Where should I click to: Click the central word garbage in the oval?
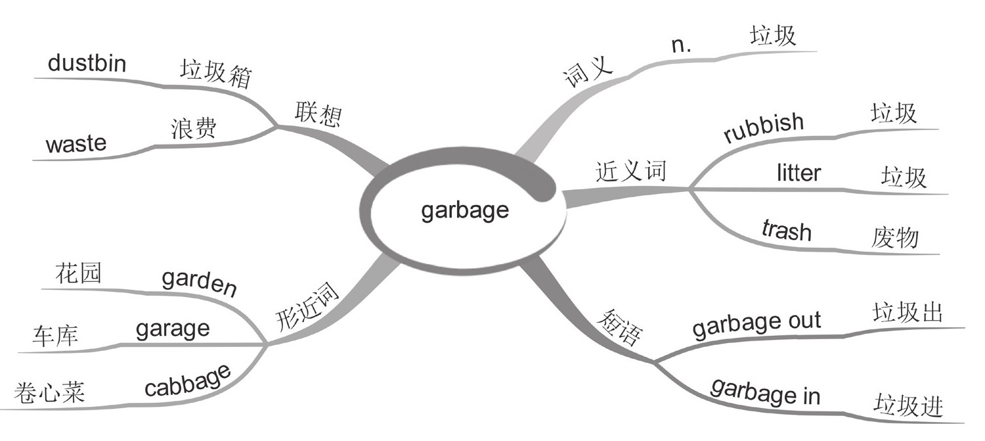(x=465, y=210)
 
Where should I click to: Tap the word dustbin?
(x=87, y=64)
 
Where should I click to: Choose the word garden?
(x=199, y=284)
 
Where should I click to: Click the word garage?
(x=173, y=329)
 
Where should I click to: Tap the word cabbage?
(x=188, y=381)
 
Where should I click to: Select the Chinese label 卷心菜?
(x=49, y=394)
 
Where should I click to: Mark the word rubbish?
(x=764, y=128)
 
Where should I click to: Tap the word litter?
(x=799, y=174)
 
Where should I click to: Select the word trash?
(x=787, y=230)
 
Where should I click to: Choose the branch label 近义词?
(x=630, y=171)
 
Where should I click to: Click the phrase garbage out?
(x=756, y=325)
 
